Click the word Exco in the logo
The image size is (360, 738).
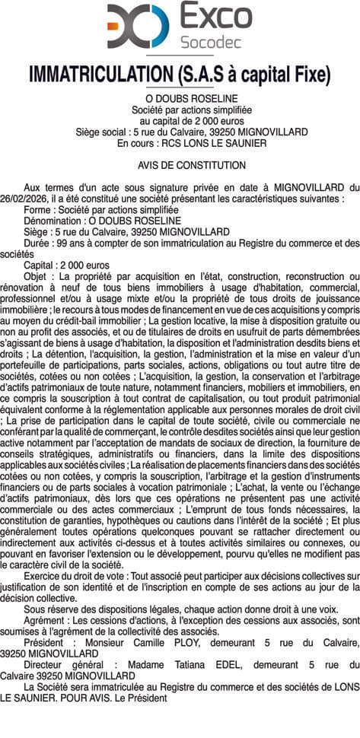(215, 15)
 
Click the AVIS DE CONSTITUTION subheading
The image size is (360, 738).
(192, 165)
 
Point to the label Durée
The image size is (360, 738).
(38, 243)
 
